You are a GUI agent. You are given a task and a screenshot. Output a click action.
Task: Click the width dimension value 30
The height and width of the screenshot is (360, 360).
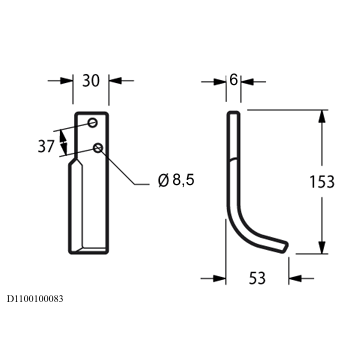click(91, 81)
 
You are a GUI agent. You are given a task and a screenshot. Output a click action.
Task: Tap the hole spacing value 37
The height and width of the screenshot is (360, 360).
click(46, 146)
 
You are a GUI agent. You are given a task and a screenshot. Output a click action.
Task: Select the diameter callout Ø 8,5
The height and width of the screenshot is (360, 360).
click(176, 180)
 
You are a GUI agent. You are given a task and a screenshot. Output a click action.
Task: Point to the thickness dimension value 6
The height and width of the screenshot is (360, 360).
click(233, 80)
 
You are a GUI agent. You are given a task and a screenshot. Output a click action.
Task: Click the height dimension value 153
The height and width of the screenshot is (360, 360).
click(322, 182)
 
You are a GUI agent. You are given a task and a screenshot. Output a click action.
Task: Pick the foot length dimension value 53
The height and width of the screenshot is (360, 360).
click(257, 278)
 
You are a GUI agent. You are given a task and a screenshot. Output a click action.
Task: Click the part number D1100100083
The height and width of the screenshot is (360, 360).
click(35, 299)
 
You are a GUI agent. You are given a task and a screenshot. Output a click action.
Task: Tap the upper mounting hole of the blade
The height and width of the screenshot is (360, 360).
click(93, 123)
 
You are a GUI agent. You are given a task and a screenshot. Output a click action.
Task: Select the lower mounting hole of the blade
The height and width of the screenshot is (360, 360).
click(98, 147)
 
